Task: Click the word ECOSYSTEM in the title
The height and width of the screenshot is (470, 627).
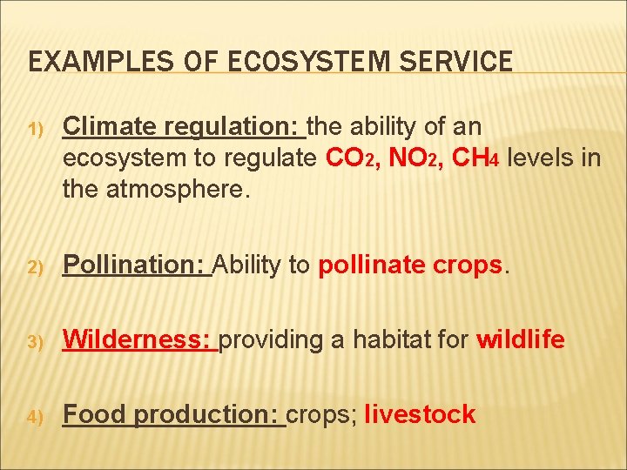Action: (x=309, y=61)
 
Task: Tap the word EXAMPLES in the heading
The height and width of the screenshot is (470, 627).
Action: (x=101, y=61)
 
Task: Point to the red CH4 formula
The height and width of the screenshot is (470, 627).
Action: (x=475, y=158)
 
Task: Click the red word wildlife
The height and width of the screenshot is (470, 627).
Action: (x=521, y=339)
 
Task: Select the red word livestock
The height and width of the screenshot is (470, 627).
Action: (x=421, y=413)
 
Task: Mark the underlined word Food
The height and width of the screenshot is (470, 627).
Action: (x=94, y=413)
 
